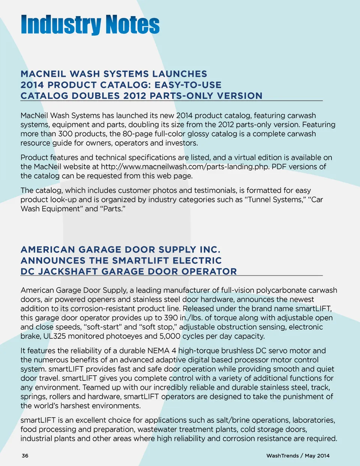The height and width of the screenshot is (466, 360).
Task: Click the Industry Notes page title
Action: (90, 25)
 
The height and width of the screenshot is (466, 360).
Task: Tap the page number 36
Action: (25, 455)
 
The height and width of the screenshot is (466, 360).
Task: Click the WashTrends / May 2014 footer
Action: (298, 455)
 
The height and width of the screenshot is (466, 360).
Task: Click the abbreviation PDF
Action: (279, 167)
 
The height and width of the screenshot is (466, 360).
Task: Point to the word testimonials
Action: (211, 191)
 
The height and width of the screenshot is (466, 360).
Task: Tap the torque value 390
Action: (171, 318)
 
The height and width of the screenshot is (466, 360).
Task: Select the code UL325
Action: (55, 336)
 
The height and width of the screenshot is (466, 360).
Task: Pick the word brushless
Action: (235, 351)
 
